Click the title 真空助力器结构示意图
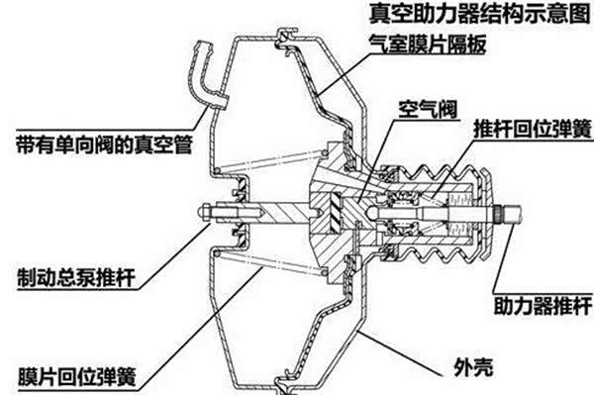pos(479,14)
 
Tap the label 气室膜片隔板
pos(428,44)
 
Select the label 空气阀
pos(428,110)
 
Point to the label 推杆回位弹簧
pos(533,129)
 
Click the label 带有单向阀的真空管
pos(105,145)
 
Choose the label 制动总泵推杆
pos(76,277)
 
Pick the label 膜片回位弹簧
pos(77,376)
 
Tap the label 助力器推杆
pos(543,305)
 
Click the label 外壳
pos(473,366)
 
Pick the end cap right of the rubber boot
pos(486,213)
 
